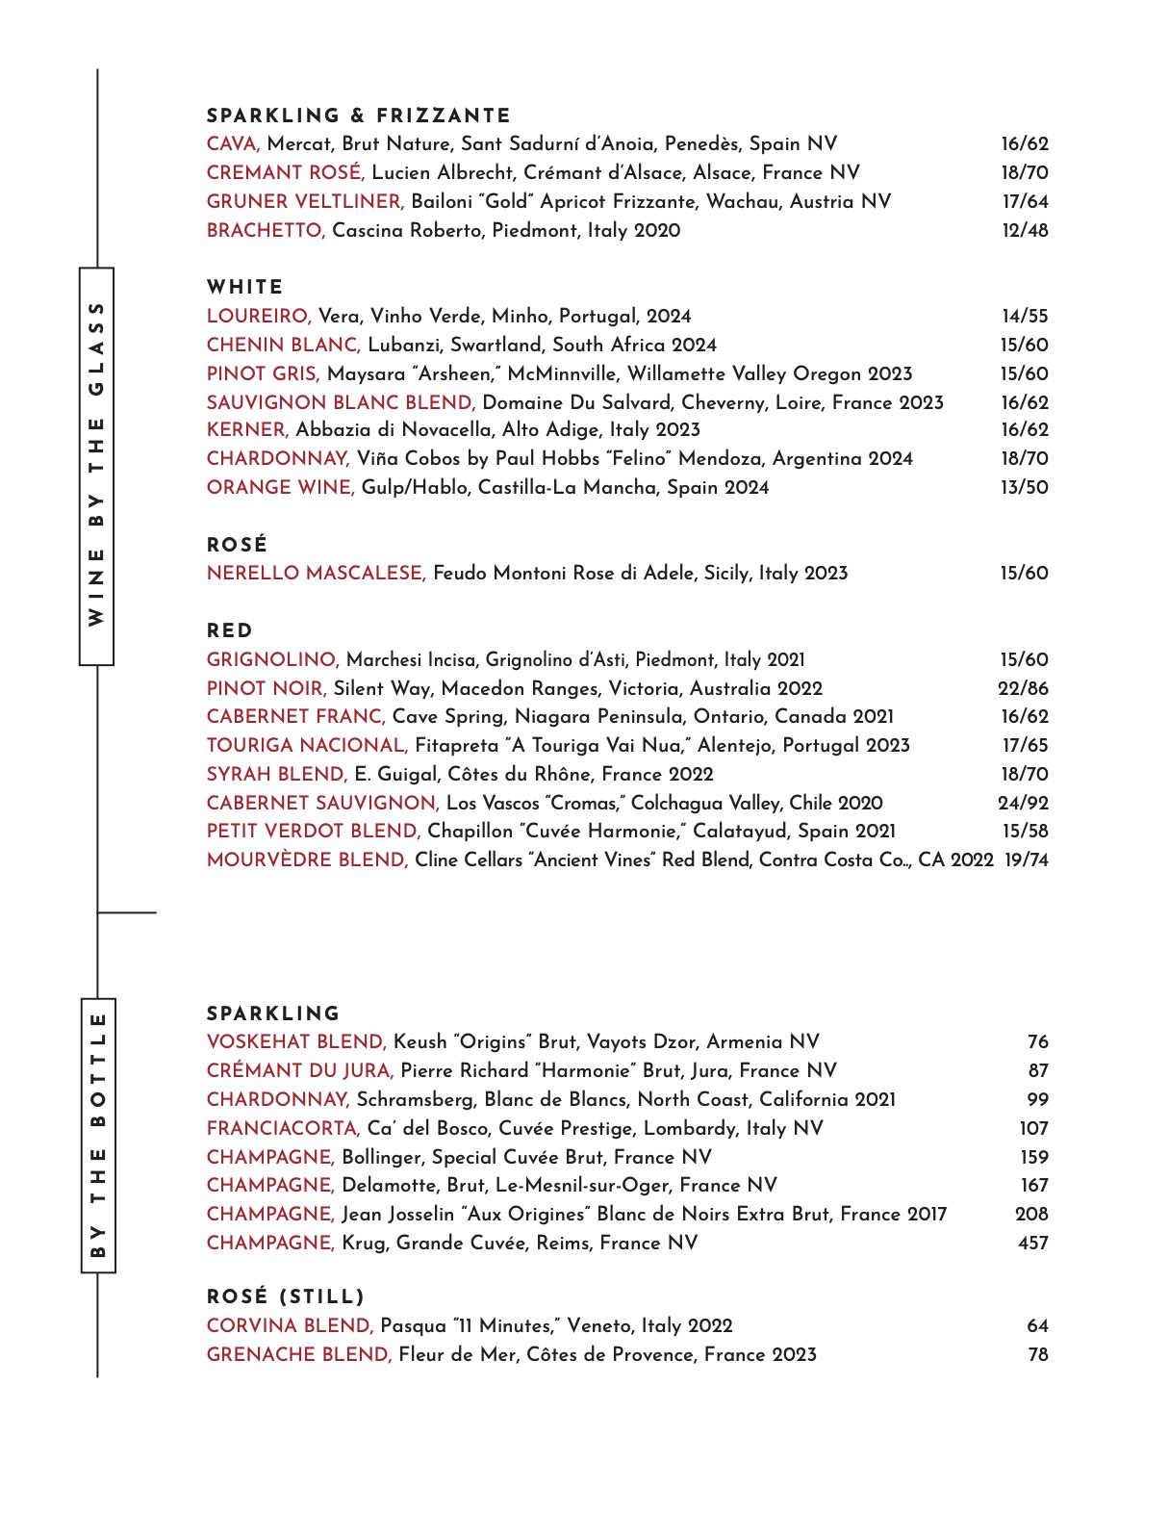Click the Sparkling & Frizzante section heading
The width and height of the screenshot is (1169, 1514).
[358, 115]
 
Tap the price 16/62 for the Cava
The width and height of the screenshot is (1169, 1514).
[1024, 144]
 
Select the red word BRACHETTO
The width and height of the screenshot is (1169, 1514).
[266, 231]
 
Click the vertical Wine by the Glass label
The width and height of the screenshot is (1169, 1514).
[96, 466]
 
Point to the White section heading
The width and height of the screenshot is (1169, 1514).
[245, 287]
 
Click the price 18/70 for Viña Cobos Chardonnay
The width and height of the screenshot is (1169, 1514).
[1024, 459]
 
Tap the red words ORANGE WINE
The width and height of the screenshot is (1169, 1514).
[280, 488]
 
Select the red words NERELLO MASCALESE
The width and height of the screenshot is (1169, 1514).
[316, 574]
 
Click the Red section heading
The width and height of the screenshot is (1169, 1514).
[230, 631]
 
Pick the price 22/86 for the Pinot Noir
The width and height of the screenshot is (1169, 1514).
[1023, 689]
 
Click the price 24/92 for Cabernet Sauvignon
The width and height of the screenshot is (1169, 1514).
[1023, 804]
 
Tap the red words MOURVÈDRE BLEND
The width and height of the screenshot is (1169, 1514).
[307, 860]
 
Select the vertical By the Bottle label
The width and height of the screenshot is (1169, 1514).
[97, 1136]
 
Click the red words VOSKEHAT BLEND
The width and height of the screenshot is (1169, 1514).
[296, 1042]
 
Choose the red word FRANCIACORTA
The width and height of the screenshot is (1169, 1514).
[283, 1129]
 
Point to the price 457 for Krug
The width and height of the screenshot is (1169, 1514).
[1032, 1244]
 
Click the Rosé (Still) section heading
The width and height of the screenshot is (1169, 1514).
[286, 1296]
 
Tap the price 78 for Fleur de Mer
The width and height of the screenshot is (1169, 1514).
[1037, 1355]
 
